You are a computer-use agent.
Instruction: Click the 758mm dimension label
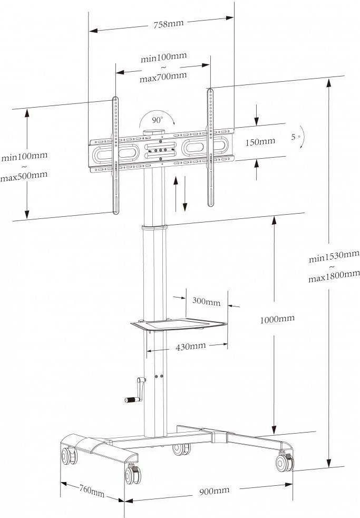coord(168,24)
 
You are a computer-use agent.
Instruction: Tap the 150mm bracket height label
coord(260,142)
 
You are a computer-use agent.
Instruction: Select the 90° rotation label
coord(158,120)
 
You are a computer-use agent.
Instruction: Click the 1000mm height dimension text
coord(277,319)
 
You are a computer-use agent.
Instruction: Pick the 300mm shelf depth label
coord(206,301)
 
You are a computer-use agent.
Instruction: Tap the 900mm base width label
coord(214,490)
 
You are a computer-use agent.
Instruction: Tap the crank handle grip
coord(131,400)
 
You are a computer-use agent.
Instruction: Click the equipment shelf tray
coord(179,324)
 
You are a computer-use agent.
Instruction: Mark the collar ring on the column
coord(155,228)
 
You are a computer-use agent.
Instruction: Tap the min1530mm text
coord(334,257)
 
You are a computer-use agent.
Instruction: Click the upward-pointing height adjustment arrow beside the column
coord(176,194)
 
